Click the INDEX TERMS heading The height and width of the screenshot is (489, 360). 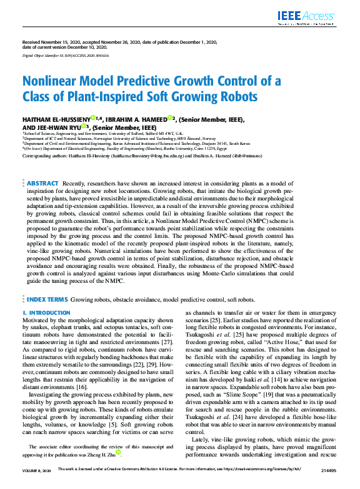click(47, 300)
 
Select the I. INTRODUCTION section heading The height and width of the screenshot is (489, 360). click(46, 312)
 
